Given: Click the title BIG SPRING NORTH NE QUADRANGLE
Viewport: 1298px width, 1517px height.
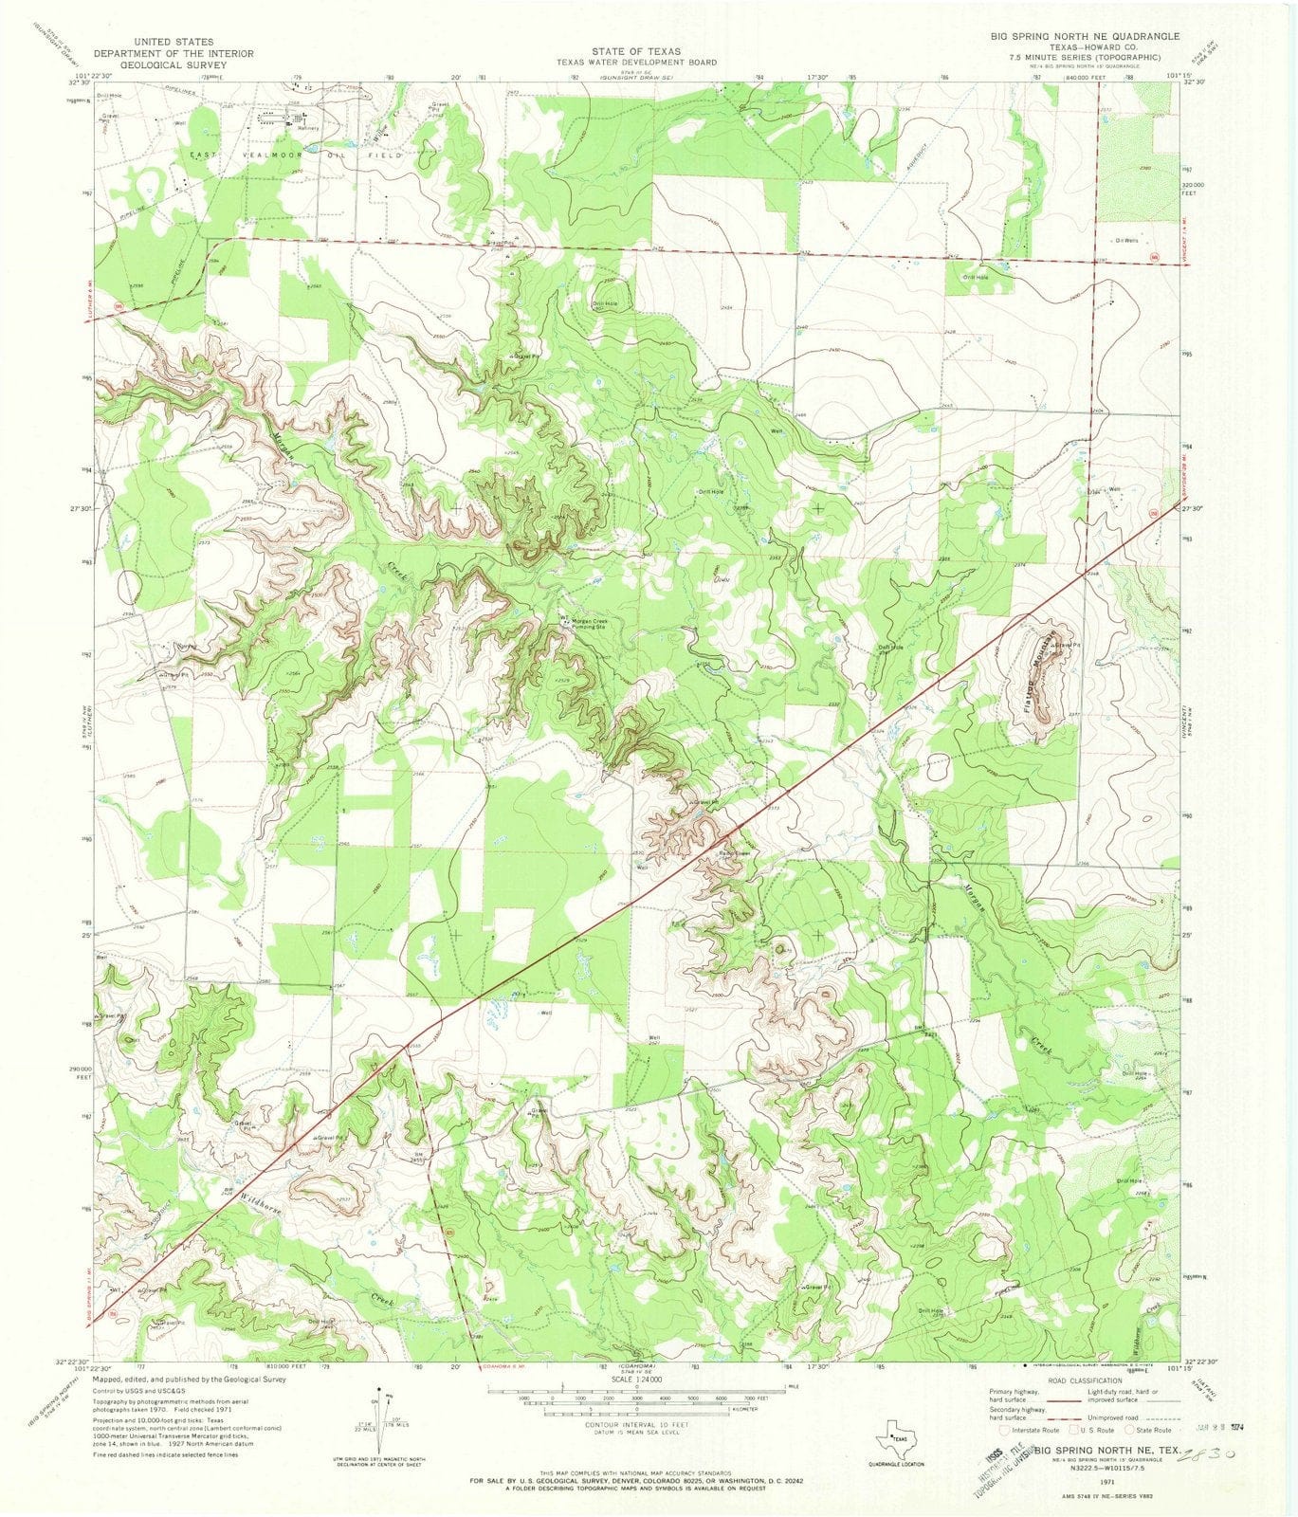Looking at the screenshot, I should pyautogui.click(x=1071, y=36).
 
